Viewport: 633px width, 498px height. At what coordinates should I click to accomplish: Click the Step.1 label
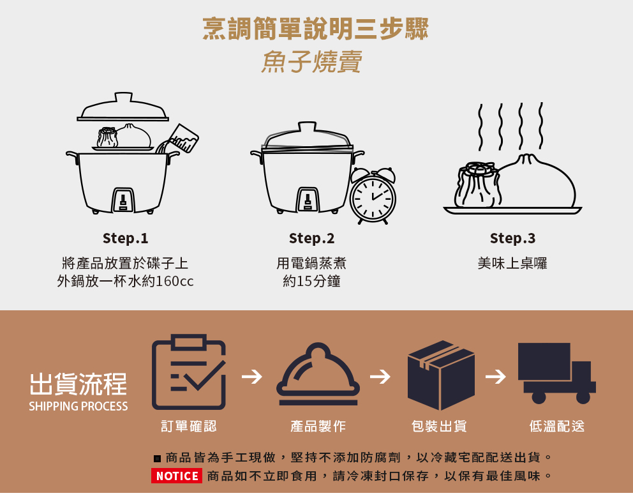(125, 239)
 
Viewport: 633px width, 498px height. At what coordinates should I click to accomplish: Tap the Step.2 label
(311, 239)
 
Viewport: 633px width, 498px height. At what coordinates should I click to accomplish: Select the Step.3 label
(512, 239)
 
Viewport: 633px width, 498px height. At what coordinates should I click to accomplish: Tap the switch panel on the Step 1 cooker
(123, 200)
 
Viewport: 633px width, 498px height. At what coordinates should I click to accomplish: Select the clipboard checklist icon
(188, 375)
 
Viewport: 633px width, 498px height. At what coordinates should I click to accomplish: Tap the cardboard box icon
(441, 375)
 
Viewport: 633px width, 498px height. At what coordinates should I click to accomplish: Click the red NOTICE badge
(177, 476)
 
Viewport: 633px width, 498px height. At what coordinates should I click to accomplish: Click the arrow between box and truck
(495, 377)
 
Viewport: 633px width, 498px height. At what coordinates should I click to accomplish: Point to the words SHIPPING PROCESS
(78, 407)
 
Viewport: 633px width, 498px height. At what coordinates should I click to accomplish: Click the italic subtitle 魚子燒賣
(312, 62)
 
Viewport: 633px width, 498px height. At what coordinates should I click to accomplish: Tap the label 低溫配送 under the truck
(556, 426)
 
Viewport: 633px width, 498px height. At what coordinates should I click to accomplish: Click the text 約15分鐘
(311, 281)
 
